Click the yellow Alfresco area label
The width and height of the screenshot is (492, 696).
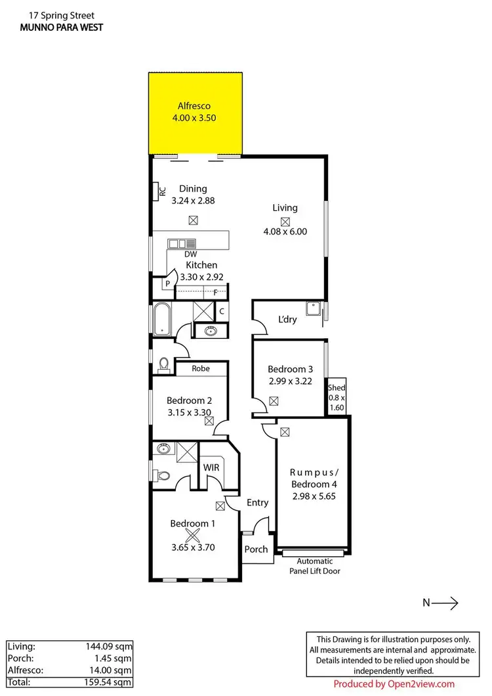[x=193, y=106]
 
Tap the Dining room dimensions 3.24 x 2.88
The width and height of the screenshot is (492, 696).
[x=193, y=201]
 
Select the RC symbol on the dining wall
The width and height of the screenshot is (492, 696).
[x=161, y=192]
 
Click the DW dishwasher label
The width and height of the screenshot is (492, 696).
[x=191, y=254]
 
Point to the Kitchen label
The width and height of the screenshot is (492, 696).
[x=201, y=265]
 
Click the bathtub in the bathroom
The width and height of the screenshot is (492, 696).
[x=161, y=319]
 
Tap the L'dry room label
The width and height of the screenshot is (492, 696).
[x=287, y=319]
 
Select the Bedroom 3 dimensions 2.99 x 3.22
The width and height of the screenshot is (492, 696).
[x=290, y=381]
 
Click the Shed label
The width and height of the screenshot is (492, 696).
[x=337, y=387]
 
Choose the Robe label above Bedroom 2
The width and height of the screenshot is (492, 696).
[x=201, y=368]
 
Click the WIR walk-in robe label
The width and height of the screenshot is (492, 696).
[x=211, y=467]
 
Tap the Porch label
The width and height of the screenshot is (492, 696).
[x=256, y=549]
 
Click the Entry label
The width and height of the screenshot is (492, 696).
[x=257, y=502]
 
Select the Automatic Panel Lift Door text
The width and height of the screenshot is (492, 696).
[x=315, y=566]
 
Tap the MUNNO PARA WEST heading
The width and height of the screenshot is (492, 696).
[x=61, y=27]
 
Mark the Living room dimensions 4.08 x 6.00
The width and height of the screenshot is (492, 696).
[x=285, y=231]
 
